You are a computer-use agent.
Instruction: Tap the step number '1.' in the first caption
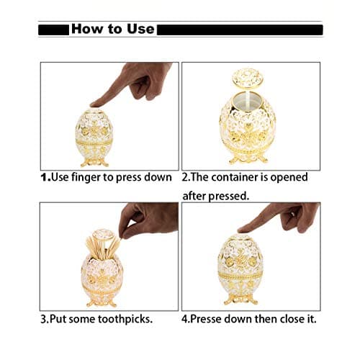coord(45,177)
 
